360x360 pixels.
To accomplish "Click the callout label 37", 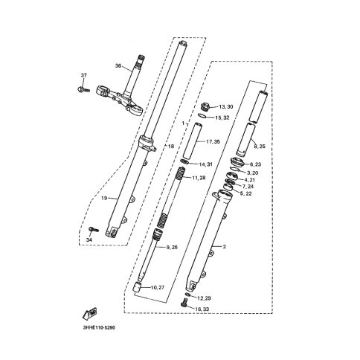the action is click(83, 75).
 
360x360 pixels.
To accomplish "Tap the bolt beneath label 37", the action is click(83, 89).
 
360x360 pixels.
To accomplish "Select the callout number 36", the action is click(118, 65).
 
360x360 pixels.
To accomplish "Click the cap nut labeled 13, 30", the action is click(205, 106).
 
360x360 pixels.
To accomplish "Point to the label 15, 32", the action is click(222, 118).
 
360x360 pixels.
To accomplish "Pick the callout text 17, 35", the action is click(213, 142).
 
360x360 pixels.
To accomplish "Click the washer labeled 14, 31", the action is click(184, 162).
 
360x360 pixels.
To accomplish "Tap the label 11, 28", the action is click(199, 178).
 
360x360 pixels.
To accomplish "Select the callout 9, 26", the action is click(172, 247).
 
